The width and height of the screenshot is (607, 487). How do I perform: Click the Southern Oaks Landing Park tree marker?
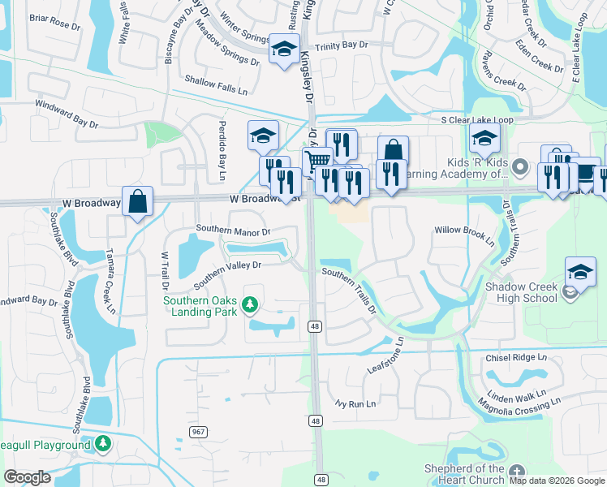click(x=251, y=305)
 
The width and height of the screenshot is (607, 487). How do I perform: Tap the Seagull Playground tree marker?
click(x=102, y=444)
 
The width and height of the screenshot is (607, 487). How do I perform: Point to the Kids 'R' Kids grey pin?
click(x=521, y=168)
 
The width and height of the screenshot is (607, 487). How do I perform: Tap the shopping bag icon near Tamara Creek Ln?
click(x=138, y=201)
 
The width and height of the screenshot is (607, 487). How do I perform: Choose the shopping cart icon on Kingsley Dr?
click(x=317, y=161)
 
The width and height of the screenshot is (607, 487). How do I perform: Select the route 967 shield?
click(x=198, y=432)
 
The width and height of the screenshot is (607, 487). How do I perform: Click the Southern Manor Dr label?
click(x=233, y=233)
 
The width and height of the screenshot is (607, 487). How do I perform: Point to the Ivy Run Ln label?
click(x=356, y=403)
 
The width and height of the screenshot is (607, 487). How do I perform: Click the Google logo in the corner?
click(x=28, y=477)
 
